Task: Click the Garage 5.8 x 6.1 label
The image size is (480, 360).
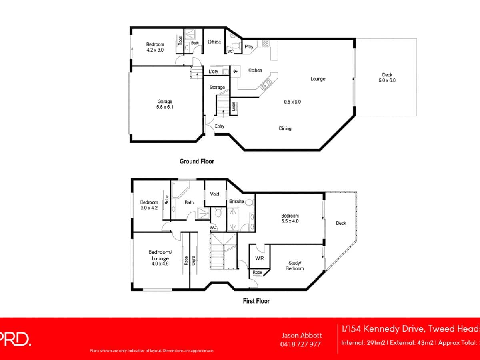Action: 165,104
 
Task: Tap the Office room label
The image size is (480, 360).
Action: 214,42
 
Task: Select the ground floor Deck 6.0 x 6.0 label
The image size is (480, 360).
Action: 387,78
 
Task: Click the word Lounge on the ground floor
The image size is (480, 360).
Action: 318,79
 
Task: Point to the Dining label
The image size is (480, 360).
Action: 285,128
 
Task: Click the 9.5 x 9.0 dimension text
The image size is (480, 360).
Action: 292,102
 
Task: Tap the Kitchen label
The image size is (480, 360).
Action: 254,70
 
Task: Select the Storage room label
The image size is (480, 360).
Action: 217,87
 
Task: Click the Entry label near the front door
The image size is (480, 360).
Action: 219,126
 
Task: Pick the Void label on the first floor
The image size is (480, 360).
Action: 215,194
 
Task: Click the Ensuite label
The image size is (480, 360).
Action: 237,201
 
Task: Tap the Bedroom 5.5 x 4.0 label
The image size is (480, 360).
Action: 290,218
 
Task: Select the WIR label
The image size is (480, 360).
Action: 259,259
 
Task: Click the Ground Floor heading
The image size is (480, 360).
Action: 196,161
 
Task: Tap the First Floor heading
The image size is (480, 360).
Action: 256,301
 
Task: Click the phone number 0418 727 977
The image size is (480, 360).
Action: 301,344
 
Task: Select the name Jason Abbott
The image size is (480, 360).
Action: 302,335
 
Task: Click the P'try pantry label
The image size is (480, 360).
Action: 249,47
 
